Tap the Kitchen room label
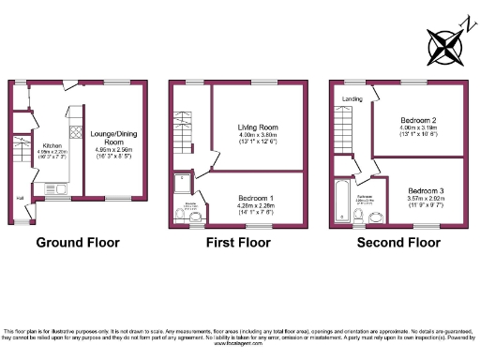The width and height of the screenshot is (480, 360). pyautogui.click(x=52, y=146)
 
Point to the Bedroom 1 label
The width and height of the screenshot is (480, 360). pyautogui.click(x=255, y=198)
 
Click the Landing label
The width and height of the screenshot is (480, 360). pyautogui.click(x=352, y=98)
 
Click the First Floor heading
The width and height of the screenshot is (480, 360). pyautogui.click(x=238, y=242)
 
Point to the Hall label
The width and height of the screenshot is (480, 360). pyautogui.click(x=19, y=198)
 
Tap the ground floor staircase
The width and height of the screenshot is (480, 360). pyautogui.click(x=19, y=154)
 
